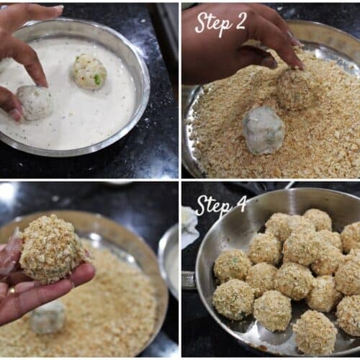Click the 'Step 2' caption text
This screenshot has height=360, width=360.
[x=221, y=24]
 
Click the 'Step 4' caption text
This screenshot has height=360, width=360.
[x=221, y=206]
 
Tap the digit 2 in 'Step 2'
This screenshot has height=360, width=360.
[x=238, y=22]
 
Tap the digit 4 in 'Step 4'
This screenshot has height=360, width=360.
[x=239, y=204]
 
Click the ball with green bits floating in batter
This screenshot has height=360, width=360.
[x=90, y=71]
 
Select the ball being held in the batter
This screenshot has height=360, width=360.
[x=35, y=103]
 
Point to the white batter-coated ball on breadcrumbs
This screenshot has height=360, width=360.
[x=264, y=130]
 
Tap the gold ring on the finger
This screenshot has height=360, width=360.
[x=12, y=291]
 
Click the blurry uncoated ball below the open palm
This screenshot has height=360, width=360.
[x=48, y=318]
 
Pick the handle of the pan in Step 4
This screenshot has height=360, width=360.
[x=189, y=280]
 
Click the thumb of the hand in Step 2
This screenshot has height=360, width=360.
[x=258, y=55]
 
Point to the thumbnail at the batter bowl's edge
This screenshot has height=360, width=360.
[x=17, y=114]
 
